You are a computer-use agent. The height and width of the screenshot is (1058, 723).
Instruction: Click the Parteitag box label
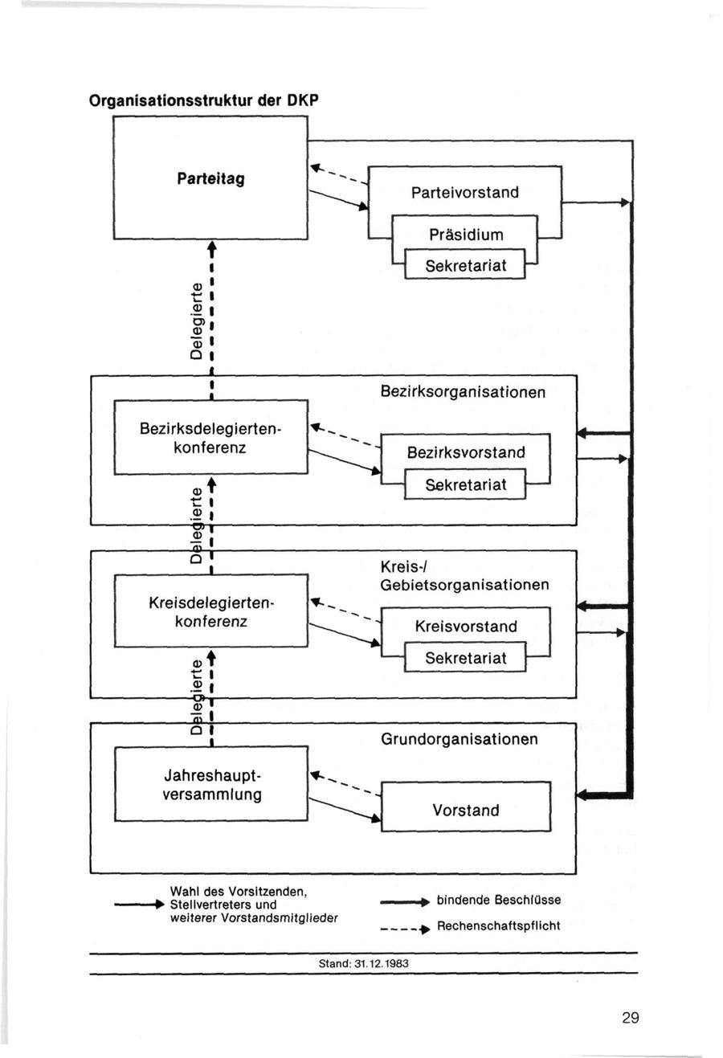pyautogui.click(x=210, y=178)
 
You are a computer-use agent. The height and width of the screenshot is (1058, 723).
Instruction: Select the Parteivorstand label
pyautogui.click(x=464, y=193)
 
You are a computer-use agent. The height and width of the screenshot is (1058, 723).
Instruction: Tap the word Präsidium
pyautogui.click(x=466, y=235)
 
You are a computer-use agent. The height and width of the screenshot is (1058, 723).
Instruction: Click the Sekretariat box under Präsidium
pyautogui.click(x=466, y=265)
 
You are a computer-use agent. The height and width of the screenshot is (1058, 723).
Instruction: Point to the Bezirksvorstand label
pyautogui.click(x=466, y=452)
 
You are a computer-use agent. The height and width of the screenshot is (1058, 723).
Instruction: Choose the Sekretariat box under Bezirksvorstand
pyautogui.click(x=466, y=485)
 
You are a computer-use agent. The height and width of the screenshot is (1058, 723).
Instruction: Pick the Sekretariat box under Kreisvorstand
pyautogui.click(x=466, y=658)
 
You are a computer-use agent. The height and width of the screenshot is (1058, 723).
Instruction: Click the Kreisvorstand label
pyautogui.click(x=466, y=627)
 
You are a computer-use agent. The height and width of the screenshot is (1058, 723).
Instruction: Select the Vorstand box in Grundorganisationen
pyautogui.click(x=466, y=810)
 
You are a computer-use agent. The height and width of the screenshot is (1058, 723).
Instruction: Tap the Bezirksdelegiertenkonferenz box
pyautogui.click(x=210, y=438)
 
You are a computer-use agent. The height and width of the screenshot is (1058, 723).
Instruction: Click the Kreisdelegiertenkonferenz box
pyautogui.click(x=210, y=611)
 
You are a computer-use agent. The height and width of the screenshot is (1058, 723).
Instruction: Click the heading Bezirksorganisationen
pyautogui.click(x=463, y=392)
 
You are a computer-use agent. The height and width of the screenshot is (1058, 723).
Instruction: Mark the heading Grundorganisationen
pyautogui.click(x=460, y=739)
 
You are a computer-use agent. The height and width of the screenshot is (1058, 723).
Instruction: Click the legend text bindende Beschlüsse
pyautogui.click(x=499, y=900)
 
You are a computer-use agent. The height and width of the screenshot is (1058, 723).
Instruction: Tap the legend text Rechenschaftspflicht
pyautogui.click(x=498, y=925)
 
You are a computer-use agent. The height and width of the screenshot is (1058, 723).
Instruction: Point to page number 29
pyautogui.click(x=630, y=1018)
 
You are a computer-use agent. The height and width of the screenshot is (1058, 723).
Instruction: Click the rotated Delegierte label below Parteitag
pyautogui.click(x=195, y=321)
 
